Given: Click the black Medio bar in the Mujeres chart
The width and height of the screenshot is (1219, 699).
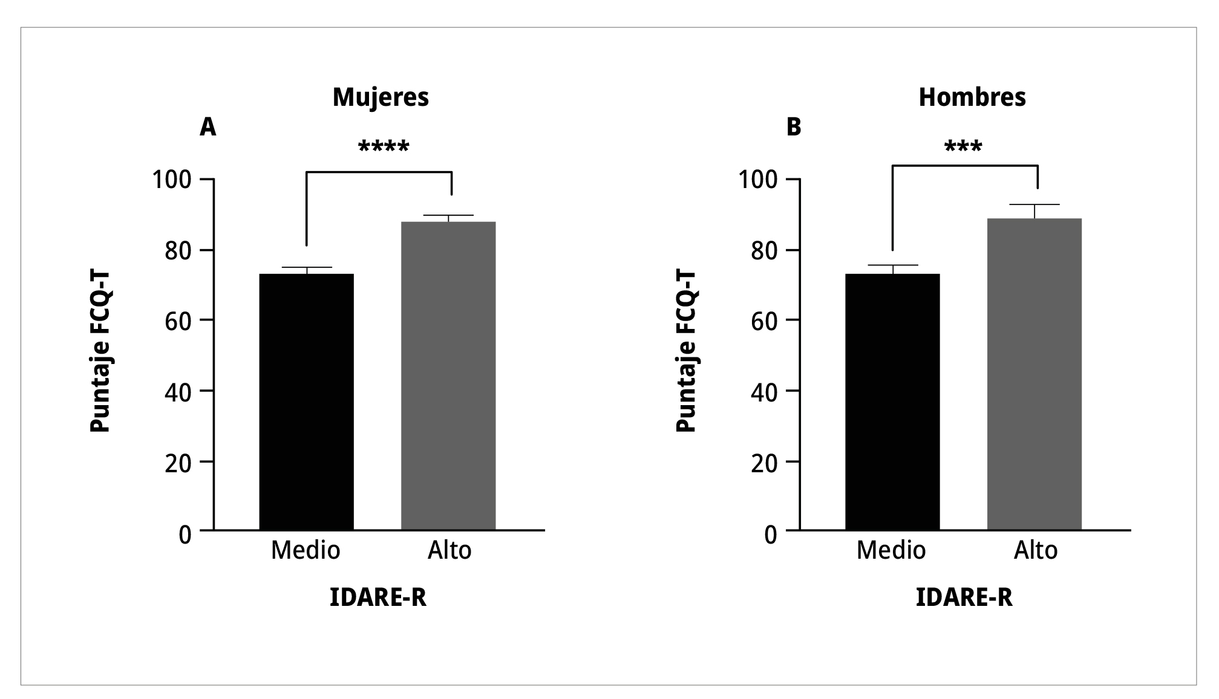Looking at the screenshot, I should coord(306,402).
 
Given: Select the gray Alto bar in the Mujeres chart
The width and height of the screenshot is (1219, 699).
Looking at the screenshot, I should coord(448,376).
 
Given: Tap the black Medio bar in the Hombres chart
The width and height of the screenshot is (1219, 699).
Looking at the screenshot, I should coord(892,402).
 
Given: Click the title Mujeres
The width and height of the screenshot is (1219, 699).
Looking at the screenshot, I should coord(381,97).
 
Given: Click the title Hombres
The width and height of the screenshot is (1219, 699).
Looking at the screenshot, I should coord(972,97).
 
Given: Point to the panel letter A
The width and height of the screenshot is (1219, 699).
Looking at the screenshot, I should coord(208,127).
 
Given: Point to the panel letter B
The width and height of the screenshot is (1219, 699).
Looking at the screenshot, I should coord(793,127).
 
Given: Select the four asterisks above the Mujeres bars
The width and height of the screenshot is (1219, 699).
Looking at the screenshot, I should coord(384,147).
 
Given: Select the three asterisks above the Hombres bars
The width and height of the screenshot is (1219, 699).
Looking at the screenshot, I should coord(963,147).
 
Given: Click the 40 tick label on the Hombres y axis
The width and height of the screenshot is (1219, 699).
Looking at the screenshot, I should coord(763,391).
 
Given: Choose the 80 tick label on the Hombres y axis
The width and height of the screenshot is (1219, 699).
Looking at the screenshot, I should coord(763,250).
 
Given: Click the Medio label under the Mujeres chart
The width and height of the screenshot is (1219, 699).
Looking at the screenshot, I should coord(306,550).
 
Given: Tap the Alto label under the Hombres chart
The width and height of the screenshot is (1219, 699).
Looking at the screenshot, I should coord(1036,550).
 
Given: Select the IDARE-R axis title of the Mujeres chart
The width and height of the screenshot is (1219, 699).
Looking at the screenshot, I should coord(378,597).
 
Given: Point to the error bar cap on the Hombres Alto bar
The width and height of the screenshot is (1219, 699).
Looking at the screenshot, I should coord(1034,205).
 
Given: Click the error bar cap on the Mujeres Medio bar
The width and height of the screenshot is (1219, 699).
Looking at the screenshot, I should coord(306,267).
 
